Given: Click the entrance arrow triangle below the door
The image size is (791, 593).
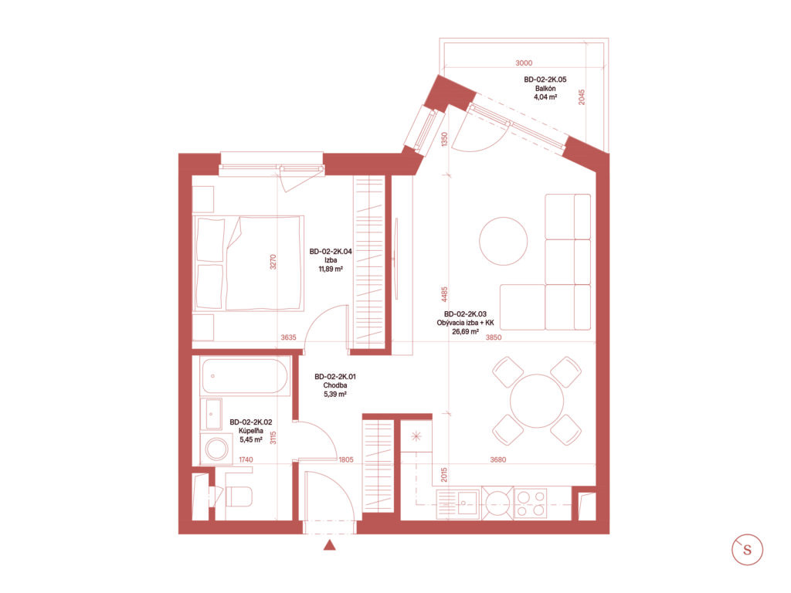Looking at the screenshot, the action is pos(329,545).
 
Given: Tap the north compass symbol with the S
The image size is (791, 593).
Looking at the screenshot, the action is pos(747,550).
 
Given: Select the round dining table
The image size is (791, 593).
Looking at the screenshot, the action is pos(537,401).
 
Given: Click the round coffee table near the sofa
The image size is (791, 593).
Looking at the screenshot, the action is pos(503,241).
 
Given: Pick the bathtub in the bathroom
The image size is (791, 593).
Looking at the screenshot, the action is pos(245,376).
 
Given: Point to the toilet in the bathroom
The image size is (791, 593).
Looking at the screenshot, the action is pos(237,496).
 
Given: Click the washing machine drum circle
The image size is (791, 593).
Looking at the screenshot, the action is pos(217,449).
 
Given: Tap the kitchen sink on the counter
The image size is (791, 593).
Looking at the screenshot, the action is pos(467,503).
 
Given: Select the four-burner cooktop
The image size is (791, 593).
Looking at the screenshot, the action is pos(531,503).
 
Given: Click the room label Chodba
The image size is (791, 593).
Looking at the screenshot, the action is pos(335,385).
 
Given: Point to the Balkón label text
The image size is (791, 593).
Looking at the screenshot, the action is pos(545,88).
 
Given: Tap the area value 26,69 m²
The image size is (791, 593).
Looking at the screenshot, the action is pos(465,332).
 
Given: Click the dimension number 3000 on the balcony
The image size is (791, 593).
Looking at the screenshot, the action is pos(524,63).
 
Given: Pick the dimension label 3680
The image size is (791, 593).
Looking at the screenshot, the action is pos(498,459).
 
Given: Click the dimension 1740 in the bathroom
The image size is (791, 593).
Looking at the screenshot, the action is pos(246,459).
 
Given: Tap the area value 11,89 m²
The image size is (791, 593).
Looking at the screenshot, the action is pos(331,269).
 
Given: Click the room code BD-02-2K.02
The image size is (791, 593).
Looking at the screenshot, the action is pos(251,422).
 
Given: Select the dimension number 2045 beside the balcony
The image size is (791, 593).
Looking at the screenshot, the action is pos(582,97).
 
